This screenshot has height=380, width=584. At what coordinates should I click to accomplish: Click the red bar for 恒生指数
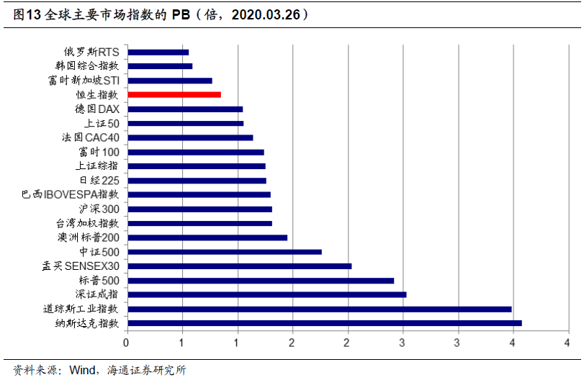(x=174, y=94)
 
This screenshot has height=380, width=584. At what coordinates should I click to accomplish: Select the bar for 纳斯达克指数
(x=324, y=323)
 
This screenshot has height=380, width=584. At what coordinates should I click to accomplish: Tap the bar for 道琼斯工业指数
(x=319, y=309)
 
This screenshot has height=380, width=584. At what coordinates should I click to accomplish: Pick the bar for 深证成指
(x=266, y=294)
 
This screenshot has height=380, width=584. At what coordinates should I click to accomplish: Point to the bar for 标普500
(x=260, y=280)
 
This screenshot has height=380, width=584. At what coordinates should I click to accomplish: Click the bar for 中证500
(x=224, y=252)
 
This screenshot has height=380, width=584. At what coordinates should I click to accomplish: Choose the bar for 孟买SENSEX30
(x=239, y=266)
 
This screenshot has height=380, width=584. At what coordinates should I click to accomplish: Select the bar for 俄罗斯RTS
(x=158, y=52)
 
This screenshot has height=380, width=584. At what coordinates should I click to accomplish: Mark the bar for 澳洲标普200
(x=207, y=237)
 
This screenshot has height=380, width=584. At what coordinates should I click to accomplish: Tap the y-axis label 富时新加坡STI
(x=84, y=81)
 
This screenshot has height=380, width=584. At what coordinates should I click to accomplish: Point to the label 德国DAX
(x=97, y=109)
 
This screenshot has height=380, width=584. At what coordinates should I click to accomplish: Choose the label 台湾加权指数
(x=87, y=223)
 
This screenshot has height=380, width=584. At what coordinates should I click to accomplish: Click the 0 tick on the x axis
(x=127, y=343)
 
